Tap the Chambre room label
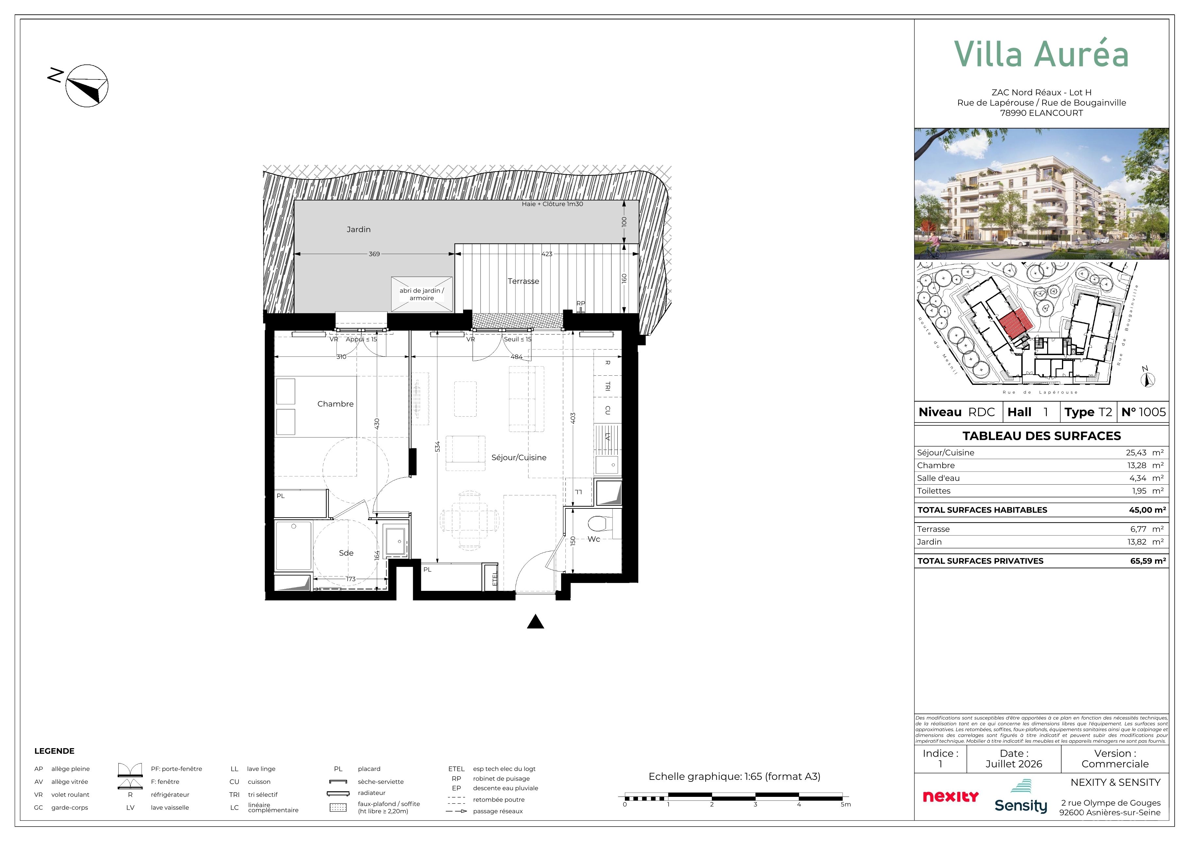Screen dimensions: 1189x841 click(336, 403)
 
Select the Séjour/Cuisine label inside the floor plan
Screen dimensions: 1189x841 click(519, 457)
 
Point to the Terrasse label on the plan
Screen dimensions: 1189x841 click(523, 281)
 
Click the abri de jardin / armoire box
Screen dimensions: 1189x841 click(422, 294)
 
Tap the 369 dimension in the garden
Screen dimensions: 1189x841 click(374, 254)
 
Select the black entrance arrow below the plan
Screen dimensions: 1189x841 click(535, 621)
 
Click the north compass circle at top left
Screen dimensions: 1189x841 click(87, 86)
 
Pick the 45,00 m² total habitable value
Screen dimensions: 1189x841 click(1147, 510)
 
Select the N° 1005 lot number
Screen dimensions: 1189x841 click(1144, 412)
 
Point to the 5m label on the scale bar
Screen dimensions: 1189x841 click(846, 805)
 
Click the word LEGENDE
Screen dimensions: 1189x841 click(54, 751)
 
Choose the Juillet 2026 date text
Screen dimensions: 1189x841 click(1013, 764)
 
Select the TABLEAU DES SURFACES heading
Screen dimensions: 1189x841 click(1041, 436)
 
